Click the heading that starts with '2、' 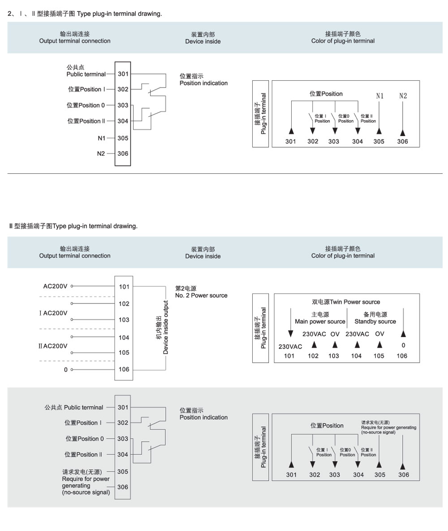tap(85, 13)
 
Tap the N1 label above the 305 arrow tap(380, 96)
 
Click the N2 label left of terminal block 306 tap(101, 154)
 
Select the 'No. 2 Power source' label tap(201, 295)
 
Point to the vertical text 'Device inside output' tap(166, 328)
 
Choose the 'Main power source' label tap(320, 321)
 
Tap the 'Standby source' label tap(375, 321)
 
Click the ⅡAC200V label tap(53, 346)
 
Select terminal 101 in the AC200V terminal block tap(124, 286)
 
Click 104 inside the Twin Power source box tap(356, 355)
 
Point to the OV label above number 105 tap(380, 334)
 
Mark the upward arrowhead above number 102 tap(314, 345)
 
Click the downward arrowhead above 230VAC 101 tap(290, 334)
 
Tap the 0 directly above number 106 tap(403, 345)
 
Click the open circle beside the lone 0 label tap(72, 369)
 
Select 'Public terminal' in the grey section tap(83, 408)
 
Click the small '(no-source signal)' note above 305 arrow tap(378, 432)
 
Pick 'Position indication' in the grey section tap(203, 417)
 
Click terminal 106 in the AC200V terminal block tap(124, 369)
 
